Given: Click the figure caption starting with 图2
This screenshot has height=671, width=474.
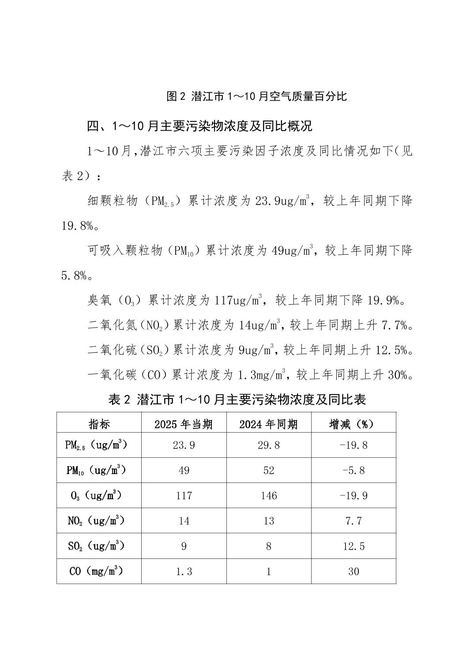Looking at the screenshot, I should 256,96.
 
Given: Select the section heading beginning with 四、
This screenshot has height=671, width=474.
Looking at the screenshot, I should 199,126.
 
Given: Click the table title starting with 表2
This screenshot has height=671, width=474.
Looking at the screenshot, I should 237,400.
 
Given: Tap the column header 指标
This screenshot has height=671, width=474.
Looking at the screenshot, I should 99,424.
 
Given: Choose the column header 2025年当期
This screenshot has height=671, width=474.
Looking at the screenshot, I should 184,424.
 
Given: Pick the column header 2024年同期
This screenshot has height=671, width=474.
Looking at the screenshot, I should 268,424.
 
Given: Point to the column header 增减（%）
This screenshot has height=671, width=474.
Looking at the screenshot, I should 353,424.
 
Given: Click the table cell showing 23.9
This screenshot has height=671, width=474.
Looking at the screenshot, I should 184,445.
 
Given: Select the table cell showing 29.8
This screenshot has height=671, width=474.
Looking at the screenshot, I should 268,445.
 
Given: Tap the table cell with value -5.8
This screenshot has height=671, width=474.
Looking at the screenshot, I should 353,471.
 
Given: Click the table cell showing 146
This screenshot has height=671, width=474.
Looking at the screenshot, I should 268,496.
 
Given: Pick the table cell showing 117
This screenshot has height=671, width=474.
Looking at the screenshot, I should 184,496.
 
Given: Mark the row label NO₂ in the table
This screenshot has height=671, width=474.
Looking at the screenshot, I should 96,521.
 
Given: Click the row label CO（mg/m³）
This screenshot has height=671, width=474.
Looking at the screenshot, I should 96,571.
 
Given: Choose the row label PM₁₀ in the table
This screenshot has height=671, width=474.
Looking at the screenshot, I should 96,471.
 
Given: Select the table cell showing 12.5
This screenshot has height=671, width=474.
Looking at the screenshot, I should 353,547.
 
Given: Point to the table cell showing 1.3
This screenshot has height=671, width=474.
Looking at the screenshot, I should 184,572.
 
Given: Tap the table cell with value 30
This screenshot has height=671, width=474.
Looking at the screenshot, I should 353,572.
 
